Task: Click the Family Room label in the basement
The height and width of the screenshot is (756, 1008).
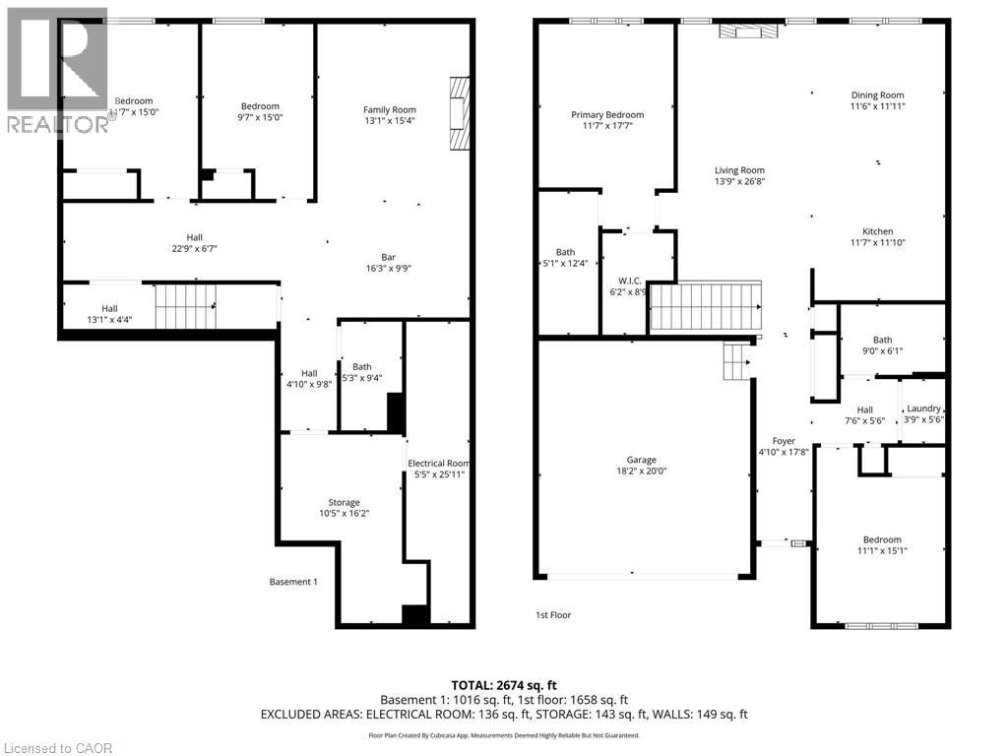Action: pos(389,109)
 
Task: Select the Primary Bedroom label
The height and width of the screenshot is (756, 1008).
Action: pos(607,115)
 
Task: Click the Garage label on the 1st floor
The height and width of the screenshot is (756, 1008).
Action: pos(641,460)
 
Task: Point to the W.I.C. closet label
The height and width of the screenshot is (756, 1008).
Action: pos(629,281)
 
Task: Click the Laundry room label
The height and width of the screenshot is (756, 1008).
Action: pos(923,409)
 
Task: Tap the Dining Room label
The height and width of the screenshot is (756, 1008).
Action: pos(877,95)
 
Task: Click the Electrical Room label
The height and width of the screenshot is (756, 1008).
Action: pos(439,463)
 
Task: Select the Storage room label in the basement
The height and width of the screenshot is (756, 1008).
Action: pos(344,502)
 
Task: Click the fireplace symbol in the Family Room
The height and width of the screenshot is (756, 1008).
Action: pos(459,113)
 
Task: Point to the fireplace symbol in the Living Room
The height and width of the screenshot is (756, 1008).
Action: pos(747,31)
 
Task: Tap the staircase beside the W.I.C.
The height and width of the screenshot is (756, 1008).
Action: pos(707,308)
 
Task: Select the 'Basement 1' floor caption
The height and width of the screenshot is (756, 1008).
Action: pos(293,582)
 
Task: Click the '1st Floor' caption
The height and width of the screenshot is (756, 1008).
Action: pos(553,615)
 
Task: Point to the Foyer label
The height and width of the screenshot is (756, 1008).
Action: pos(784,441)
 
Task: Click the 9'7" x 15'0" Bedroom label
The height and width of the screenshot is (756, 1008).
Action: pos(261,106)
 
